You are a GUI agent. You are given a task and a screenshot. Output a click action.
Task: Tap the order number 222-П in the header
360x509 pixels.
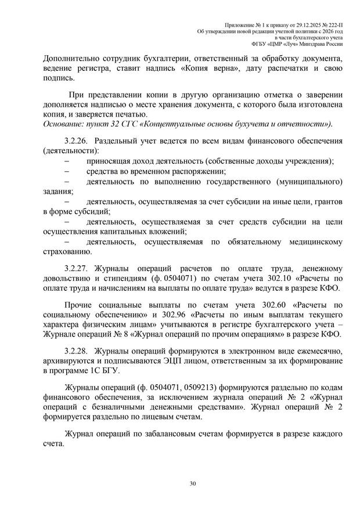click(x=333, y=23)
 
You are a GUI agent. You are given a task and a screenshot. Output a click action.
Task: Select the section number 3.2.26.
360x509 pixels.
click(x=75, y=141)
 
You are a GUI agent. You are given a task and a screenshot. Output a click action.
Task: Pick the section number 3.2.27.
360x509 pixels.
click(x=75, y=268)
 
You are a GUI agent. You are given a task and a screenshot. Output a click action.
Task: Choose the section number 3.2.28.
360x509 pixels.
click(x=75, y=352)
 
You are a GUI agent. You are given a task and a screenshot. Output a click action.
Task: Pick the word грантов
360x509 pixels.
click(x=324, y=201)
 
